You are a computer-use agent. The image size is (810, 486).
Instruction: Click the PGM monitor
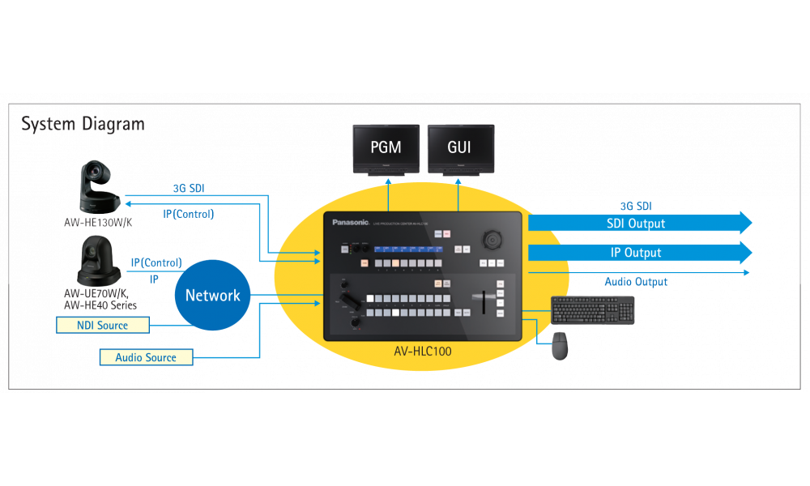tap(386, 149)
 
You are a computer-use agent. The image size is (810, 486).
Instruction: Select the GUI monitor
tap(459, 149)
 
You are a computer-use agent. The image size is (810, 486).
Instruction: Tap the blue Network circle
tap(213, 296)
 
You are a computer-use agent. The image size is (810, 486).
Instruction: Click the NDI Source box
tap(103, 325)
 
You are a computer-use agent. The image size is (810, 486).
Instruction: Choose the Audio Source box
tap(145, 357)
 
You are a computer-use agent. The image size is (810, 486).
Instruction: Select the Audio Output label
tap(636, 281)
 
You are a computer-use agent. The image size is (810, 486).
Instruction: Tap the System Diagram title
tap(83, 124)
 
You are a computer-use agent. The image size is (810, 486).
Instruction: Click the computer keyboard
tap(593, 310)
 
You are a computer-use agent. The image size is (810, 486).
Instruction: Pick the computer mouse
tap(560, 346)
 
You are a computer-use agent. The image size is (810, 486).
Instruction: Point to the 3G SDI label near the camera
tap(189, 188)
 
